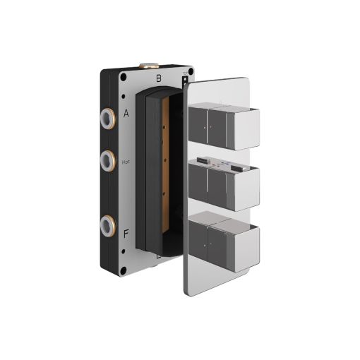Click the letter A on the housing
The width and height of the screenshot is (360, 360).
click(x=126, y=112)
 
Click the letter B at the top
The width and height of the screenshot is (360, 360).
click(x=159, y=78)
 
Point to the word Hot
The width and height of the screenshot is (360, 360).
click(x=126, y=161)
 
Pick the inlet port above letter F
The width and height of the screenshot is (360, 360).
click(x=107, y=225)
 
